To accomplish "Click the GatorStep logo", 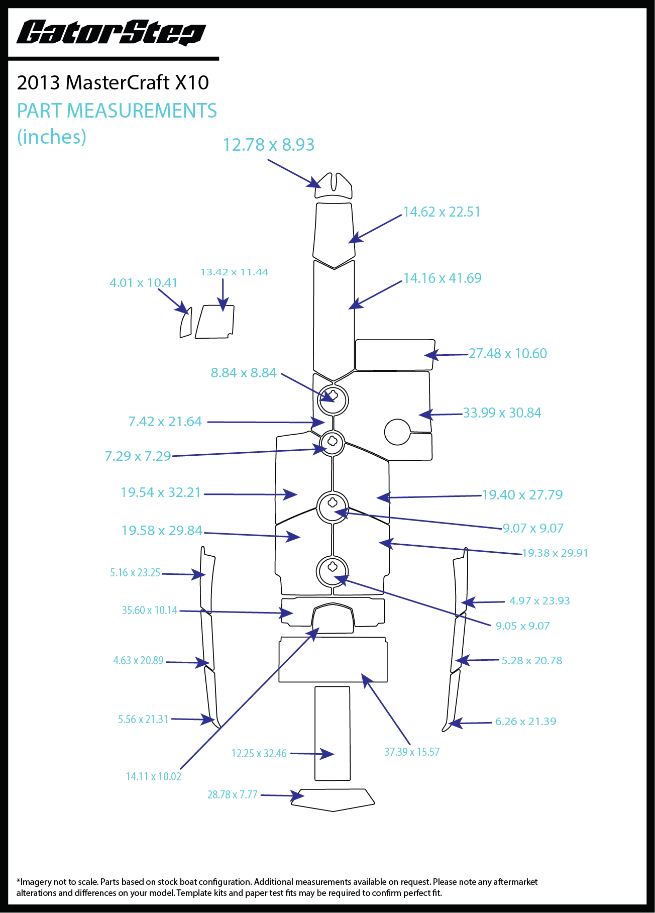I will (x=111, y=33).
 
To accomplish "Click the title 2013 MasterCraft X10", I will (x=113, y=82).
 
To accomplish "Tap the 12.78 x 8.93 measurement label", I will (x=268, y=145).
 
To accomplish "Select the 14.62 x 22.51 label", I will (x=442, y=212).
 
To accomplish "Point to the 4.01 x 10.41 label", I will (x=143, y=283).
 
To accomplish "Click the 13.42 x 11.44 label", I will (x=234, y=272).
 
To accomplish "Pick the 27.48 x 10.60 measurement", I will (x=507, y=354).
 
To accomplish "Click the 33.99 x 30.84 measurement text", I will (x=502, y=413).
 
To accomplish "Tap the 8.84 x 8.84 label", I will (x=244, y=373).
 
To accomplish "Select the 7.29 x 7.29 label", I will (x=138, y=456).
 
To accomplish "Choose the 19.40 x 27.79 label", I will (x=522, y=495).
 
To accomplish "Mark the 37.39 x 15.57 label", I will (x=412, y=752).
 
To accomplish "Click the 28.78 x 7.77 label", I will (x=232, y=795).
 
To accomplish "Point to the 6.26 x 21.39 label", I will (x=525, y=722).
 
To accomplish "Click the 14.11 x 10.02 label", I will (x=153, y=777).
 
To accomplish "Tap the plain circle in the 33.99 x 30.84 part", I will (x=397, y=432).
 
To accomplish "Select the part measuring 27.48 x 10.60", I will (x=394, y=355).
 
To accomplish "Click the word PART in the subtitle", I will (x=40, y=111).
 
